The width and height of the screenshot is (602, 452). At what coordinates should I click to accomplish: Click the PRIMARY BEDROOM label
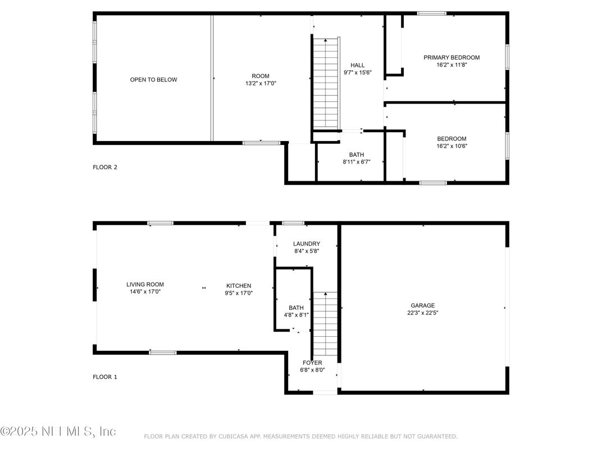pyautogui.click(x=451, y=57)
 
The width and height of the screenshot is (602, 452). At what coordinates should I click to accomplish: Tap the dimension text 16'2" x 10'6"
pyautogui.click(x=451, y=146)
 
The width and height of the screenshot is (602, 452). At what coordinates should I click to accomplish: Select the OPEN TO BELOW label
pyautogui.click(x=153, y=80)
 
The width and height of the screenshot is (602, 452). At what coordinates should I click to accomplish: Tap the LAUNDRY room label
pyautogui.click(x=307, y=244)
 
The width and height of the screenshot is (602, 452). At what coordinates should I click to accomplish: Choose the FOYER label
pyautogui.click(x=312, y=363)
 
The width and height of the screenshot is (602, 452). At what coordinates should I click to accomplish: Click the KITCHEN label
pyautogui.click(x=239, y=286)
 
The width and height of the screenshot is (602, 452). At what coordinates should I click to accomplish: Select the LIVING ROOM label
pyautogui.click(x=145, y=284)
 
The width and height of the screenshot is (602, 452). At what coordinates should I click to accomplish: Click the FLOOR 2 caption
pyautogui.click(x=105, y=167)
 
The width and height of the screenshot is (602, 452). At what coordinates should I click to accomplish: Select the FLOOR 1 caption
pyautogui.click(x=105, y=377)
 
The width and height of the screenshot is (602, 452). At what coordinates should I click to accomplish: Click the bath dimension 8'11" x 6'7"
pyautogui.click(x=357, y=161)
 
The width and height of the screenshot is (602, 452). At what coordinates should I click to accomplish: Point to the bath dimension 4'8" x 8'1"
pyautogui.click(x=296, y=315)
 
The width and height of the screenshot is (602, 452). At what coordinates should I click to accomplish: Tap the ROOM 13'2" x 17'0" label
pyautogui.click(x=261, y=79)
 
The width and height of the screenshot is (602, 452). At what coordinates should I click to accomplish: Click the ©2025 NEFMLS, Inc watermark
pyautogui.click(x=58, y=431)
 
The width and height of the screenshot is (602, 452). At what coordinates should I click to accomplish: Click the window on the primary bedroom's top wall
pyautogui.click(x=431, y=13)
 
